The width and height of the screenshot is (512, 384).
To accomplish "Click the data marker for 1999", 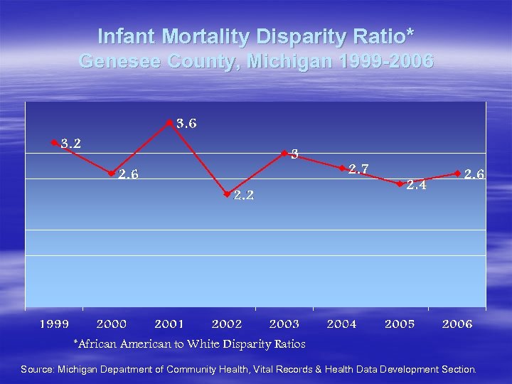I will (54, 142).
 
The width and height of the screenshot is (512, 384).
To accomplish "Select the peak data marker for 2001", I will (169, 123).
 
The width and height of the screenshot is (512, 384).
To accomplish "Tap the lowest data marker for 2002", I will (227, 193).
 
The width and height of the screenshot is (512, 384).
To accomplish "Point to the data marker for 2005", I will (400, 183).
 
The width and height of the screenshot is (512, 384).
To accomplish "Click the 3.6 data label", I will (186, 124).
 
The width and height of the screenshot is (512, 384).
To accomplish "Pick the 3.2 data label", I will (70, 144).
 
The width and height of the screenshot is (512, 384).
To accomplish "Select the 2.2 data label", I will (244, 196).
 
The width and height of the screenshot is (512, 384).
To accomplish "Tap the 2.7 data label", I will (358, 169).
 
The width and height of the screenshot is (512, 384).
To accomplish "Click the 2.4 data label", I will (416, 186).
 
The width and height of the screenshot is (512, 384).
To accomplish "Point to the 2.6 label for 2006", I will (474, 174).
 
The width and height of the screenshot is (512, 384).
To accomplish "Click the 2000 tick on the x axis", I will (112, 324).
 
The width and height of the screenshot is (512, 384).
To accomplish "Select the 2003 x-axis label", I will (284, 324).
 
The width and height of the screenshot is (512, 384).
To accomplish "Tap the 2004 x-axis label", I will (342, 324).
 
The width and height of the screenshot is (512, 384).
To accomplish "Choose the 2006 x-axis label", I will (457, 324).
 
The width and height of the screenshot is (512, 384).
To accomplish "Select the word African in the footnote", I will (100, 344).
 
